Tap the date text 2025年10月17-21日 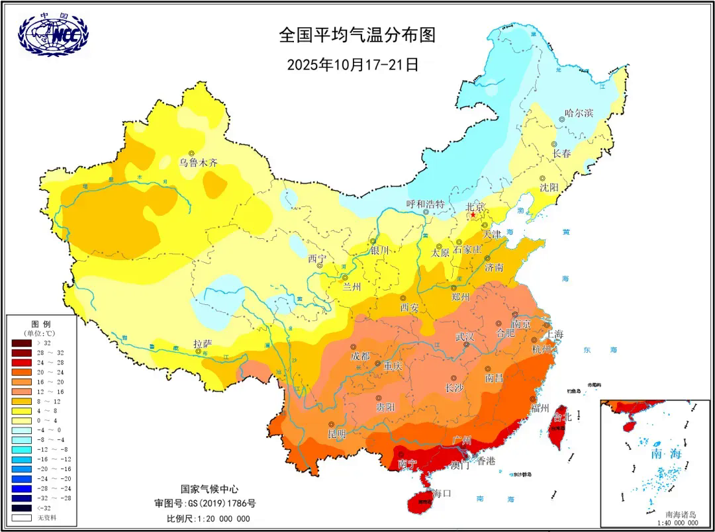(x=353, y=65)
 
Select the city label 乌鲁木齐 (x=199, y=162)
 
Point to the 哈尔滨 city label (x=579, y=113)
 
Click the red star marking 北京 (x=473, y=215)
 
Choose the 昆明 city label (x=337, y=434)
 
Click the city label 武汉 (x=465, y=337)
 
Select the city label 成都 (x=361, y=355)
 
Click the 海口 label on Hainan (x=442, y=493)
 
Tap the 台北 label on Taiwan (x=561, y=418)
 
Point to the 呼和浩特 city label (x=425, y=203)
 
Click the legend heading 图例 (x=41, y=323)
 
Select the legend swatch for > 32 (x=21, y=343)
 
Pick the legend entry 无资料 (x=21, y=517)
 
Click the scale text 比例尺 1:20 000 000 (x=208, y=518)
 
